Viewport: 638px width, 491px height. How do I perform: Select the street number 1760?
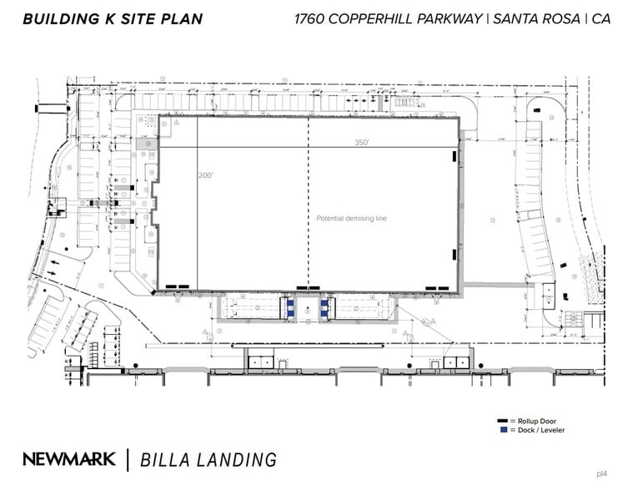(x=312, y=18)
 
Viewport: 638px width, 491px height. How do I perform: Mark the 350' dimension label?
(x=361, y=143)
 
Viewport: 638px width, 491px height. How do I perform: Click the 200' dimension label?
(x=207, y=176)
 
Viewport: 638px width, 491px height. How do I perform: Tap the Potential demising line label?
(x=352, y=219)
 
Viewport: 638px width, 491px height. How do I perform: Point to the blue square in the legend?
(x=503, y=431)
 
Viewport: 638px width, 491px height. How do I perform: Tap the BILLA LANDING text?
(x=208, y=458)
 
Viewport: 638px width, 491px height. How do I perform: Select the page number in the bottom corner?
(x=601, y=473)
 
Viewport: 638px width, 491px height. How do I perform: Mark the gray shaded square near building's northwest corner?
(x=148, y=144)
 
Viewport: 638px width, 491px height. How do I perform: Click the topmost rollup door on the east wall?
(x=455, y=155)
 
